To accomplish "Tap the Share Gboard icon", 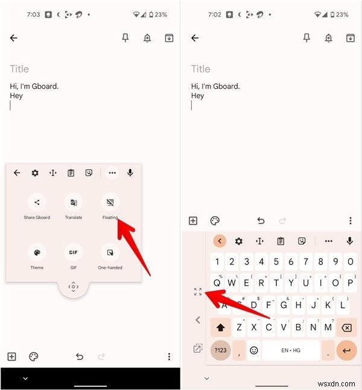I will point(37,202).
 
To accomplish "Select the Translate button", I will point(73,202).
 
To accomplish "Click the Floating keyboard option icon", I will point(110,202).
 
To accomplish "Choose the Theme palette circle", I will point(37,252).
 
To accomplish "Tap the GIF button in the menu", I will point(73,252).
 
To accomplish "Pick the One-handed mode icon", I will point(110,252).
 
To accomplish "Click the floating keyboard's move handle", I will point(74,287).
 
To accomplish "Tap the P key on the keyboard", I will point(350,262).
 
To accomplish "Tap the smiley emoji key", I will point(254,350).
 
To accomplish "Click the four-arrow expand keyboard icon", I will point(198,292).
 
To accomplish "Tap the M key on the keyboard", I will point(328,327).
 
